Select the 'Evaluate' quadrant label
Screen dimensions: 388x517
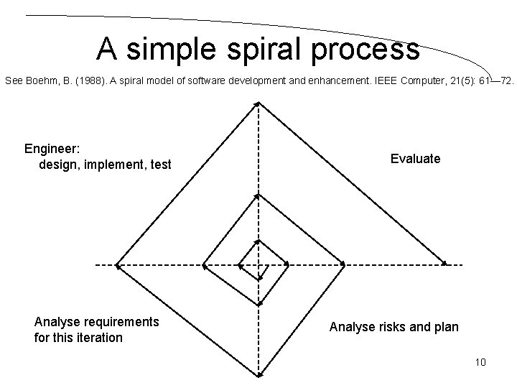point(415,159)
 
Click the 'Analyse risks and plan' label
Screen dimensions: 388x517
point(393,327)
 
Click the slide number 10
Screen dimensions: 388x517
point(480,361)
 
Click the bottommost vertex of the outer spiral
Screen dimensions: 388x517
point(258,375)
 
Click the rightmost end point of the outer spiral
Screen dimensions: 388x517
point(444,264)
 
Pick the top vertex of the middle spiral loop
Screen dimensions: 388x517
point(258,195)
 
